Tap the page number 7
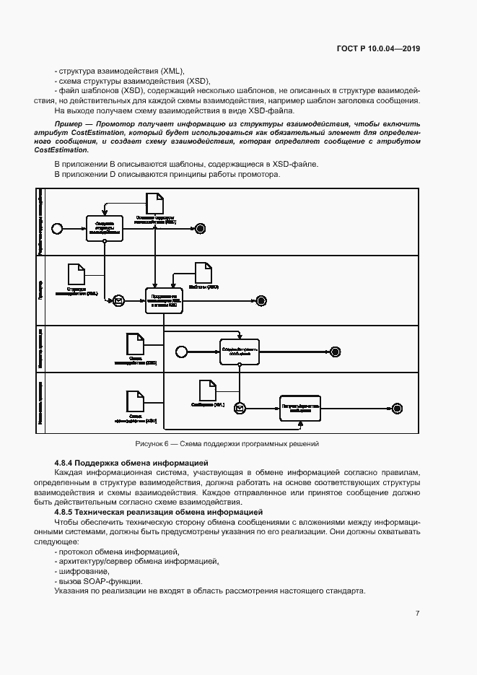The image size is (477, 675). click(x=417, y=613)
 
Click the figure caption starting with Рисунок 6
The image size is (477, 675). click(x=227, y=443)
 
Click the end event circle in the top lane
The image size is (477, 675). click(x=201, y=228)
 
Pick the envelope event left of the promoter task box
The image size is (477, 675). click(x=118, y=300)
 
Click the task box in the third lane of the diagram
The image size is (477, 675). click(x=238, y=351)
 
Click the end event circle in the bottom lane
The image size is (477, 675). click(x=396, y=408)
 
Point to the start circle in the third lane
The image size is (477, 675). click(x=181, y=351)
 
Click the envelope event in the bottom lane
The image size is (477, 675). click(x=240, y=408)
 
